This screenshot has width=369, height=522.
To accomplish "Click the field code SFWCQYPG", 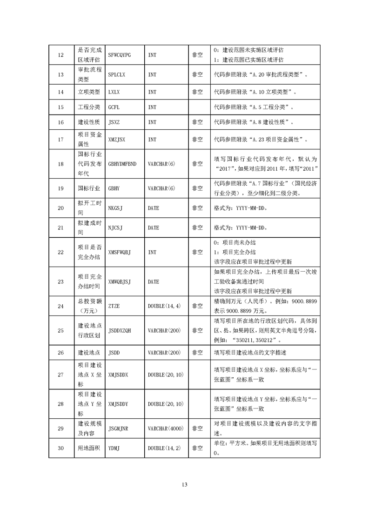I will point(119,55).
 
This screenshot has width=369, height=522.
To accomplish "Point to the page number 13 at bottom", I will point(184,484).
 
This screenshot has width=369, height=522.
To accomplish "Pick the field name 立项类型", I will point(88,92).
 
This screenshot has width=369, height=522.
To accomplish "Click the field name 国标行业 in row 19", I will point(88,188).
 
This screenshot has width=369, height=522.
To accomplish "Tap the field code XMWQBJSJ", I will point(119,281).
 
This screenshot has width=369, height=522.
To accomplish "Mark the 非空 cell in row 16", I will point(197,122).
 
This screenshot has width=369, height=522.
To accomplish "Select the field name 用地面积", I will point(88,448).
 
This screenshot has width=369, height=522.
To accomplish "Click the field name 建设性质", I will point(88,122).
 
